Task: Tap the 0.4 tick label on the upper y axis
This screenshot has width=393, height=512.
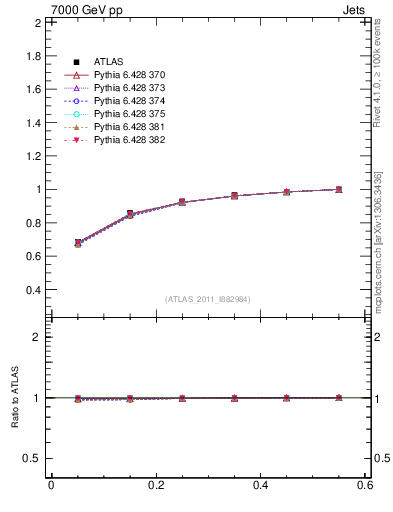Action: click(31, 290)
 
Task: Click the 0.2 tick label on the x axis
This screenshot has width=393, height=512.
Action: click(156, 485)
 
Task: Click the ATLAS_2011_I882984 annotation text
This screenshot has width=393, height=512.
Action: click(208, 299)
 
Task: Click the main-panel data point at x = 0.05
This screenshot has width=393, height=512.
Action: click(77, 242)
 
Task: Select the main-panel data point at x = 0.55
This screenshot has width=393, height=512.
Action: click(339, 189)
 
